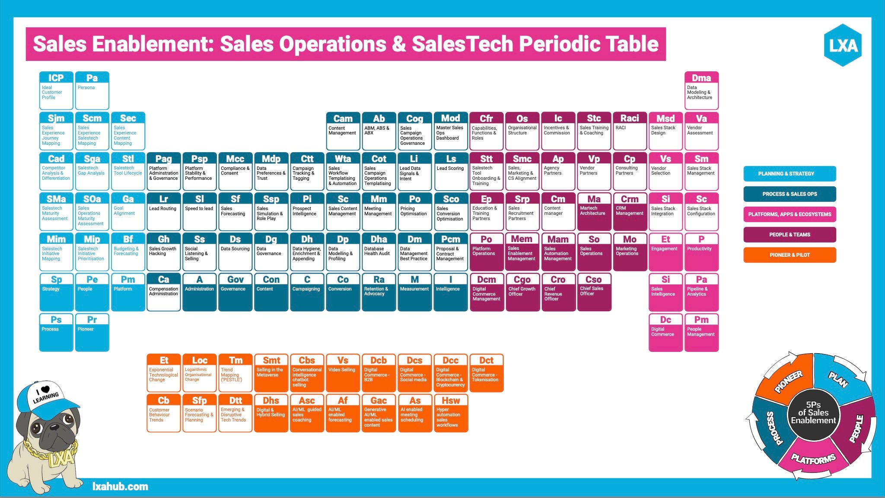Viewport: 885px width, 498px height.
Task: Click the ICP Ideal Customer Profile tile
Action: coord(56,90)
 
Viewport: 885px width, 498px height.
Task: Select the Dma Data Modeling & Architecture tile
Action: coord(701,90)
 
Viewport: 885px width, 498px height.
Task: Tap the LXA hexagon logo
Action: coord(843,45)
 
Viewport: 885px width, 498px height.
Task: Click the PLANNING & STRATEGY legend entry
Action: coord(789,173)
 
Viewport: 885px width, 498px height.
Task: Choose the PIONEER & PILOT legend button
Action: coord(789,255)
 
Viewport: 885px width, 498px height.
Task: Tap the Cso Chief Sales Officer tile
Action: coord(594,292)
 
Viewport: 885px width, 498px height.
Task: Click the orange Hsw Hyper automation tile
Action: coord(450,413)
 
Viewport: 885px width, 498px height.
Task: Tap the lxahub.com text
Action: coord(120,486)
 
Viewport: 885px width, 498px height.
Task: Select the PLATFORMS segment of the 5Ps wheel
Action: coord(812,458)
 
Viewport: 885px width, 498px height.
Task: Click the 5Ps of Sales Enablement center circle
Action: coord(813,413)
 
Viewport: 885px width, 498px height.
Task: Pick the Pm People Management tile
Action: coord(701,332)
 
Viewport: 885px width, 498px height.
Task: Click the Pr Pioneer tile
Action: coord(92,332)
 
